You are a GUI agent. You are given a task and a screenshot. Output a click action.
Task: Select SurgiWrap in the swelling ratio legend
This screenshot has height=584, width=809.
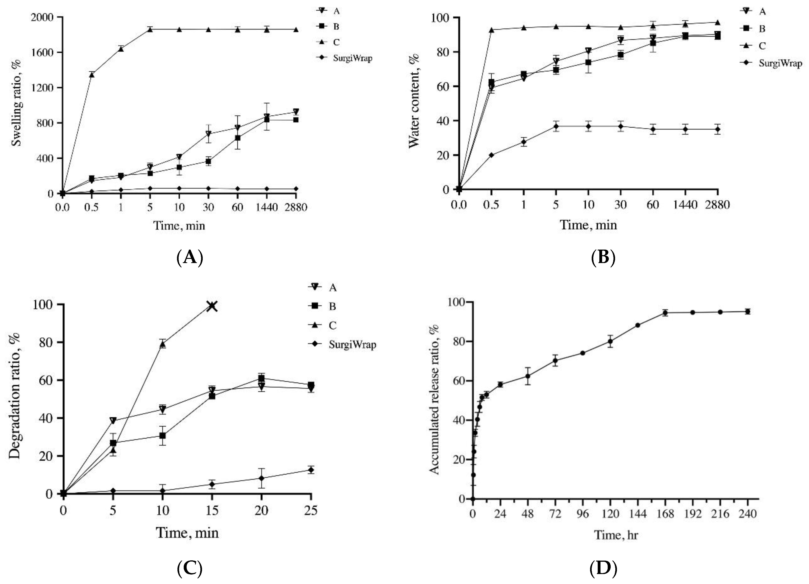pos(352,58)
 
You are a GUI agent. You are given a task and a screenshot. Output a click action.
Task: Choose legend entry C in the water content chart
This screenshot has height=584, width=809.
pos(762,46)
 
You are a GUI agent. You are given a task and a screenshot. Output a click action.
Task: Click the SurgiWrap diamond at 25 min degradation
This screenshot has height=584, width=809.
pos(311,470)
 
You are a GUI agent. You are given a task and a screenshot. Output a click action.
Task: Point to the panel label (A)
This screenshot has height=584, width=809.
pos(190,257)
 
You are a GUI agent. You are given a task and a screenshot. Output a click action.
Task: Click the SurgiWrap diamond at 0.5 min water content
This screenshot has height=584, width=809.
pos(492,155)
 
